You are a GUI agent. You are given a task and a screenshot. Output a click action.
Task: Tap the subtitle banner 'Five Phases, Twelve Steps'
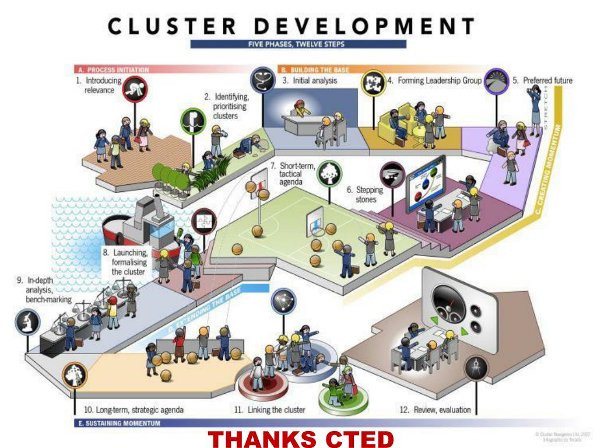[x=298, y=44]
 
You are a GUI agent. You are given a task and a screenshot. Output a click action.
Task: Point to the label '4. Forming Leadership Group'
[x=434, y=80]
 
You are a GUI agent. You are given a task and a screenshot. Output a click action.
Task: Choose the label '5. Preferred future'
[x=542, y=80]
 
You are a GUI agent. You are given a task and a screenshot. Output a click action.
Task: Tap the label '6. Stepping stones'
[x=365, y=195]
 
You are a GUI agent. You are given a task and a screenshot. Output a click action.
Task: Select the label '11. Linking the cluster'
[x=269, y=409]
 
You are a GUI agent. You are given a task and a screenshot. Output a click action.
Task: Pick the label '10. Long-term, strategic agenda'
[x=134, y=409]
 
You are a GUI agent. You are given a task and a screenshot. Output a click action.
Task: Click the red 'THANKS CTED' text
[x=301, y=438]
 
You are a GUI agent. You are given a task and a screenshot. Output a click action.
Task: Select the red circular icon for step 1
[x=135, y=89]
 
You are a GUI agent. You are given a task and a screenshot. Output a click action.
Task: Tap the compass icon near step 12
[x=475, y=369]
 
